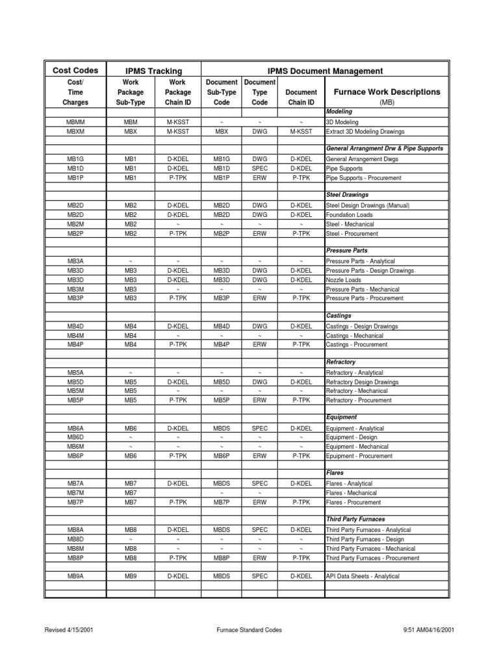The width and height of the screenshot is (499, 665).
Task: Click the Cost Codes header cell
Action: coord(75,71)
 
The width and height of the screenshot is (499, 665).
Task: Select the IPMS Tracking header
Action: coord(153,71)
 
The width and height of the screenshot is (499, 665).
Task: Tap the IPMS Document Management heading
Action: coord(325,71)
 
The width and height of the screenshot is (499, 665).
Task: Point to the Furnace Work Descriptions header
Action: coord(387,92)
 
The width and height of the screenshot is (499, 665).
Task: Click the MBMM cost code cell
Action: coord(75,121)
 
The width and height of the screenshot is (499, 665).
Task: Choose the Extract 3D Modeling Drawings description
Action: coord(366,131)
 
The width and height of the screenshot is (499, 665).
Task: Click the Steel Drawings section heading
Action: coord(347,195)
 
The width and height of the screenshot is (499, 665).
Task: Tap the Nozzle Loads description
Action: coord(344,280)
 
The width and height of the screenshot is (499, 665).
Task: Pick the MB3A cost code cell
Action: coord(75,261)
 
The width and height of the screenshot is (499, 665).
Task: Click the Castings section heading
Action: coord(339,316)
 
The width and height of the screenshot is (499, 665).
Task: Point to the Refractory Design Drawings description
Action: coord(362,383)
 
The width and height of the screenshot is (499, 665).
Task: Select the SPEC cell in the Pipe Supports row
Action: coord(259,168)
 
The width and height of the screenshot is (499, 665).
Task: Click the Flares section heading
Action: coord(335,473)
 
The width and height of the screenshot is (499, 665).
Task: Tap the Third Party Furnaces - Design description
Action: coord(365,539)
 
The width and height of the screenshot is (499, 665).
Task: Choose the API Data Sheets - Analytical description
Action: coord(363,576)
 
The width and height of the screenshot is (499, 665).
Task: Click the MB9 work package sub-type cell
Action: coord(131,576)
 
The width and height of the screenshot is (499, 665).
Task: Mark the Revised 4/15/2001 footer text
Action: coord(73,630)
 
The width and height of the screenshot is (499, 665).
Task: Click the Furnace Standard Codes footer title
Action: coord(248,630)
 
